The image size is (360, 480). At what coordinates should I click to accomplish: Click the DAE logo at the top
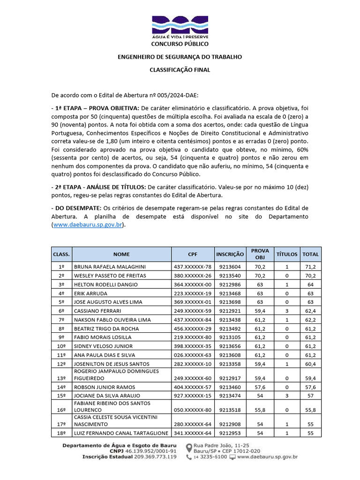(180, 27)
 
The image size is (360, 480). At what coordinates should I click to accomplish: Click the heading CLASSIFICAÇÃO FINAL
(180, 69)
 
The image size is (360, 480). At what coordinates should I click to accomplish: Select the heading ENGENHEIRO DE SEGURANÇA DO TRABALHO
(180, 57)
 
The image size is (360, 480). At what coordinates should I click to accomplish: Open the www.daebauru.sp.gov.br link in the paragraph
(88, 225)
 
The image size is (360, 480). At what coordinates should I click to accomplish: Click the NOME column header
(121, 254)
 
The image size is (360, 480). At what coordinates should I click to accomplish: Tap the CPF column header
(193, 254)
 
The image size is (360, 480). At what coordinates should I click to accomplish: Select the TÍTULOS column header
(287, 254)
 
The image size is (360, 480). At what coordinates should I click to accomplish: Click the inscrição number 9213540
(230, 276)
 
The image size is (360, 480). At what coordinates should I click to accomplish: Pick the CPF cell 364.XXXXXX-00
(193, 285)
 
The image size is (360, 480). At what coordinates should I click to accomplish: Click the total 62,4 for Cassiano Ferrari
(310, 310)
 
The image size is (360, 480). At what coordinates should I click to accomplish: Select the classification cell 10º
(61, 346)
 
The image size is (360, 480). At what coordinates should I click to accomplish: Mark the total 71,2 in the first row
(310, 266)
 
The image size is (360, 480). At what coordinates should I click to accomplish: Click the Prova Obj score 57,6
(260, 387)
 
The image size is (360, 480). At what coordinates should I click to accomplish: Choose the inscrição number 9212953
(230, 433)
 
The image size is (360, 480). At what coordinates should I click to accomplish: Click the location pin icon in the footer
(189, 448)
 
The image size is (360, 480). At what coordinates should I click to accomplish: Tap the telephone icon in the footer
(189, 457)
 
